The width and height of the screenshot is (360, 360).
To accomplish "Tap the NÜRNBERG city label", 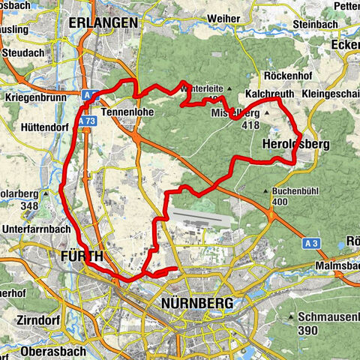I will pyautogui.click(x=196, y=303).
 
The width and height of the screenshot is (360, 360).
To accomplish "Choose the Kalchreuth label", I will pyautogui.click(x=268, y=96).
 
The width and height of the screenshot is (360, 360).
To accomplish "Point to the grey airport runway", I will pyautogui.click(x=196, y=217).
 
